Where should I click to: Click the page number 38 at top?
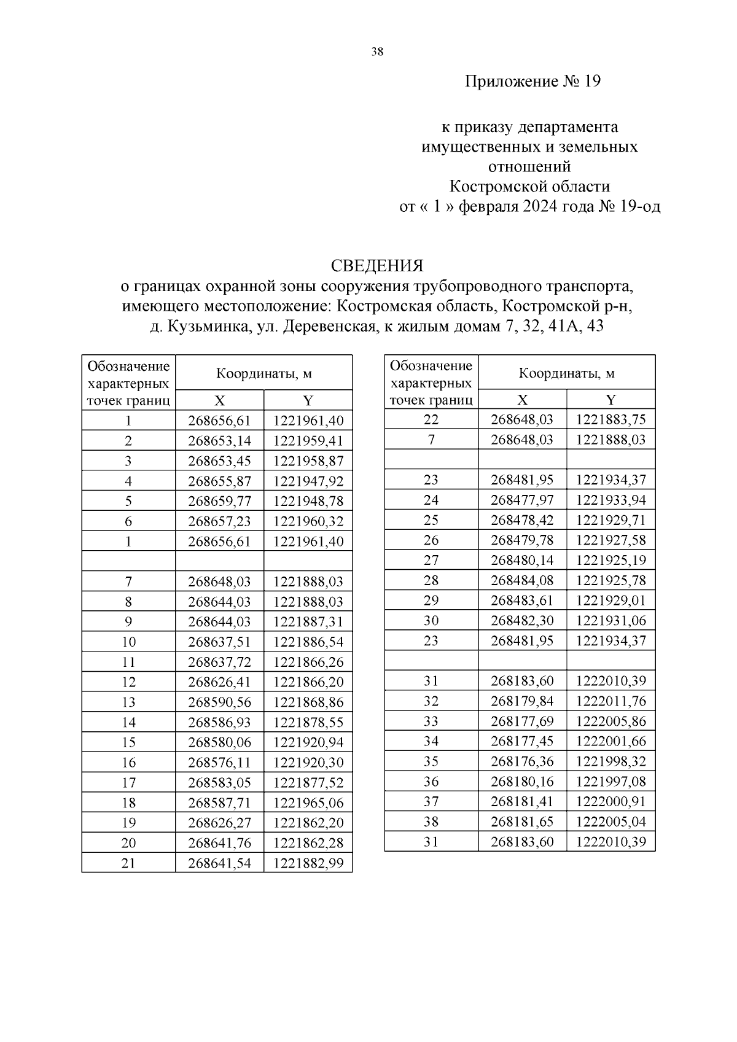pyautogui.click(x=377, y=52)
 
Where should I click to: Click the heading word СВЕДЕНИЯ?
pyautogui.click(x=377, y=265)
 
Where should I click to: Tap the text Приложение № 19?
pyautogui.click(x=532, y=81)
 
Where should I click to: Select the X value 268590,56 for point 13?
pyautogui.click(x=219, y=702)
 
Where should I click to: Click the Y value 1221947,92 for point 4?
pyautogui.click(x=308, y=481)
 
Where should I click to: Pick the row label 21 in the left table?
pyautogui.click(x=128, y=863)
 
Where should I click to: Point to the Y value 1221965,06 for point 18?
pyautogui.click(x=308, y=803)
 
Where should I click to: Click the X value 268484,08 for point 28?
pyautogui.click(x=522, y=580)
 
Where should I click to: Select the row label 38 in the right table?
pyautogui.click(x=431, y=822)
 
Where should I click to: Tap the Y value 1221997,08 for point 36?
pyautogui.click(x=611, y=781)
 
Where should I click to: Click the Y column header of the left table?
pyautogui.click(x=308, y=401)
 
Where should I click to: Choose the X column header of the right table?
pyautogui.click(x=522, y=400)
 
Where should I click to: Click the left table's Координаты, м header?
pyautogui.click(x=264, y=373)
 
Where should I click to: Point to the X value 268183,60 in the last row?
pyautogui.click(x=522, y=841)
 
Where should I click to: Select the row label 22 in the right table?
pyautogui.click(x=431, y=419)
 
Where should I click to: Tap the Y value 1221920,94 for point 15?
pyautogui.click(x=308, y=742)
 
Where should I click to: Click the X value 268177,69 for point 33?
pyautogui.click(x=522, y=721)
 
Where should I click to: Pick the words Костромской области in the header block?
pyautogui.click(x=529, y=186)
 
